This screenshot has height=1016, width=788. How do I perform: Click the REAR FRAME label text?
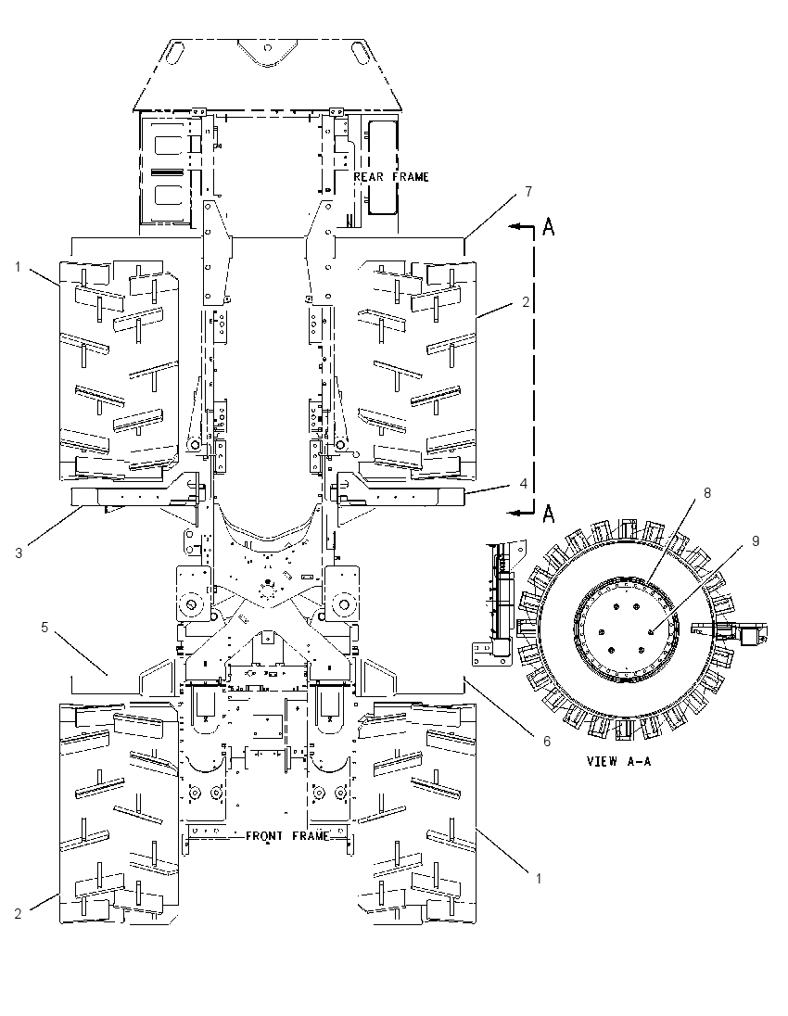point(391,176)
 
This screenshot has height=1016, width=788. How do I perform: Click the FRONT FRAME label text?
point(287,836)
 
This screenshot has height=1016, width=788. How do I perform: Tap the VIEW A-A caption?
point(619,761)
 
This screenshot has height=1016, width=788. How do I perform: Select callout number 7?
point(528,192)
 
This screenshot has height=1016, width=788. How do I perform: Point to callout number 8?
point(707,492)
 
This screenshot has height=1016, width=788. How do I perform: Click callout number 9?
point(756,541)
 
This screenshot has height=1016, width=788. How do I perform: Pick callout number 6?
point(546,741)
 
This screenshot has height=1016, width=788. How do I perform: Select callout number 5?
point(44,628)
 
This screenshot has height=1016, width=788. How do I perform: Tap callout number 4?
point(523,483)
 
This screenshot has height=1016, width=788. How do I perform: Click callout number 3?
point(19,553)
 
